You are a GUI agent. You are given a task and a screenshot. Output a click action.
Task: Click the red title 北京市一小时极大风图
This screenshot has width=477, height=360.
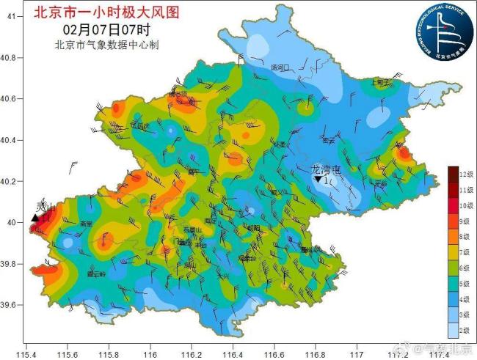click(x=106, y=12)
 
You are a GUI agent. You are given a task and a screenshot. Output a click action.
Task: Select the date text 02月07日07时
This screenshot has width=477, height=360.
click(x=106, y=30)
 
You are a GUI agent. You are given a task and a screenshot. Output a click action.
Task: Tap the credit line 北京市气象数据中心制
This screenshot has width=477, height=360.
click(x=107, y=45)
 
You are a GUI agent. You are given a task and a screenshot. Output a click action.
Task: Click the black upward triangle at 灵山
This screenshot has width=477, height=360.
click(x=34, y=217)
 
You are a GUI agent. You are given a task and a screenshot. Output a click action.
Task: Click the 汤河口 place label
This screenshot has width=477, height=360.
click(x=280, y=67)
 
